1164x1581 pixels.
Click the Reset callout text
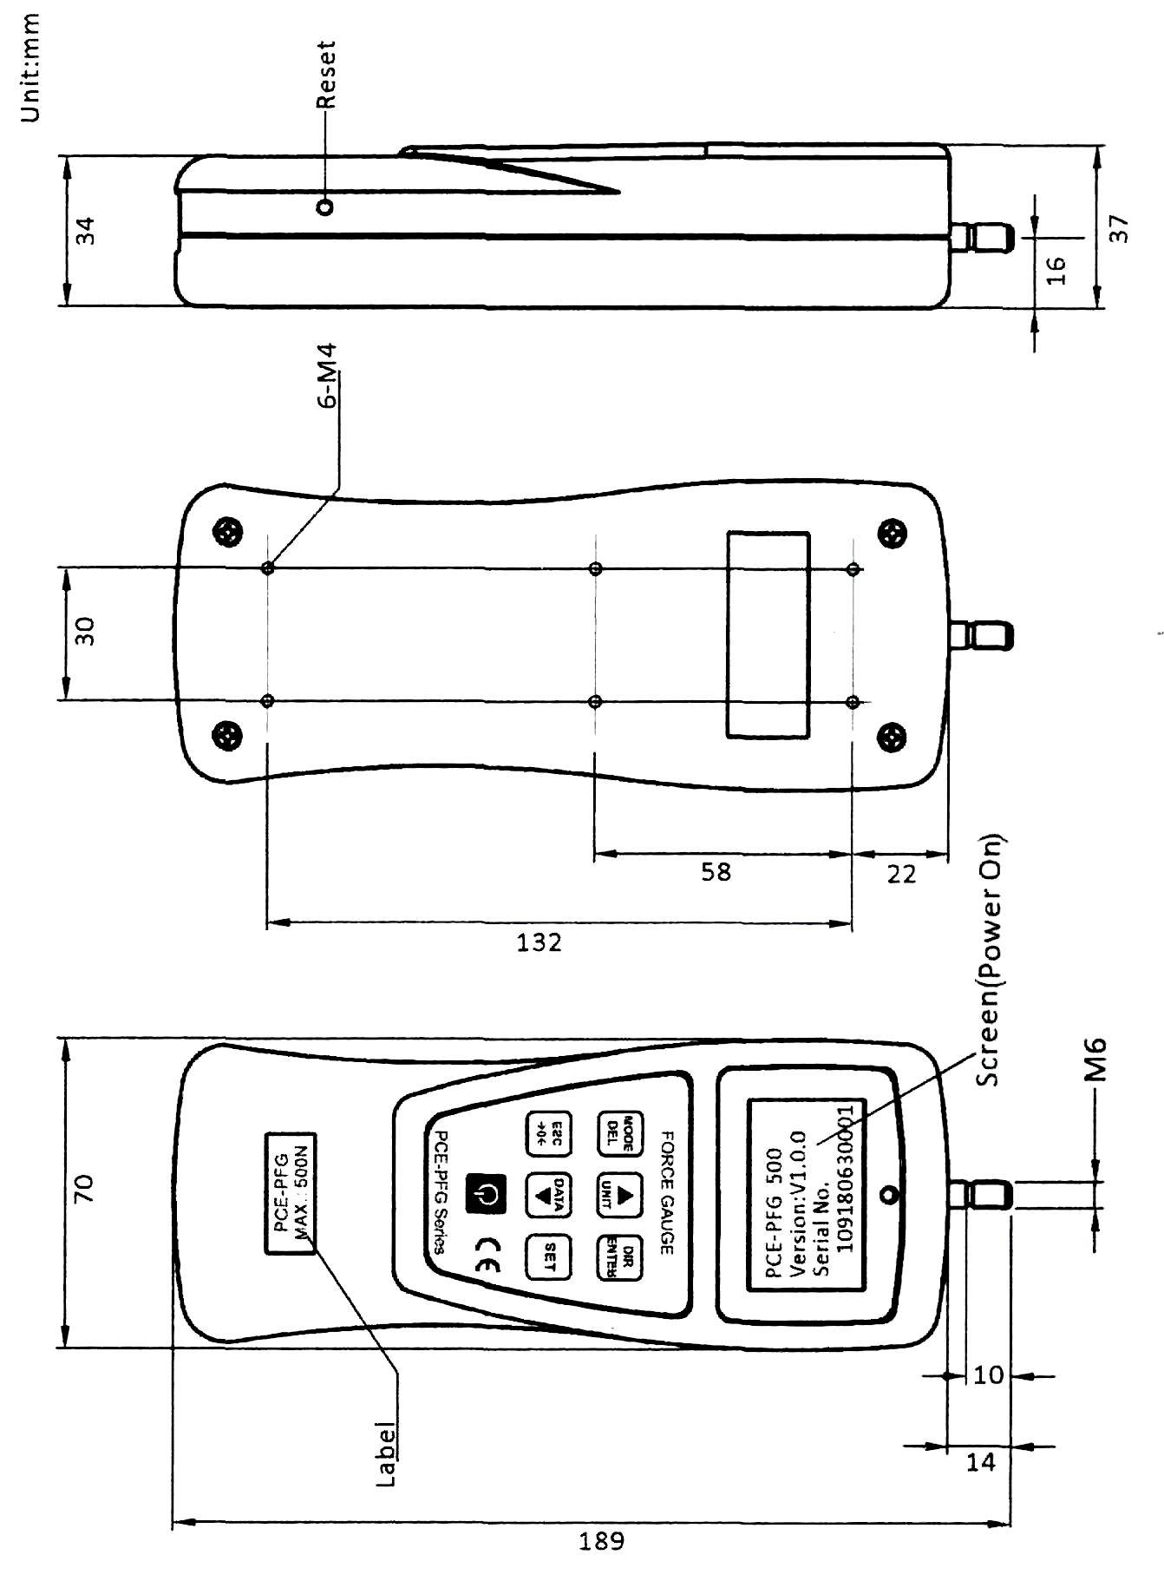click(x=325, y=75)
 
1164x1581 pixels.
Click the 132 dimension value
click(x=539, y=941)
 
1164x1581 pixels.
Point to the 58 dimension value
click(x=716, y=872)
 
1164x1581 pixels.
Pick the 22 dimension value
click(x=901, y=875)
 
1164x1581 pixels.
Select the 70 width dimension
click(x=86, y=1191)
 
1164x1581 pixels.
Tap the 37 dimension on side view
click(x=1120, y=229)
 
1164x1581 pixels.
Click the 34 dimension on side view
click(x=86, y=233)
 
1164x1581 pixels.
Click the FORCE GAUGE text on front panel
click(x=669, y=1191)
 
